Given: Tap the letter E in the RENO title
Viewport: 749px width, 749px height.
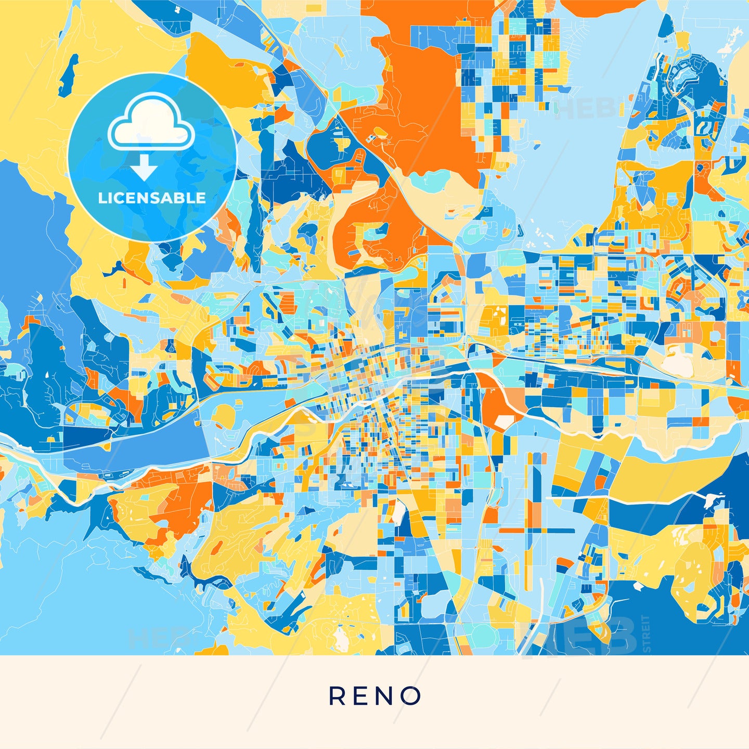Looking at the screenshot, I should pyautogui.click(x=362, y=696).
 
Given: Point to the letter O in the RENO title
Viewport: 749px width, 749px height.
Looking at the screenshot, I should pyautogui.click(x=411, y=696).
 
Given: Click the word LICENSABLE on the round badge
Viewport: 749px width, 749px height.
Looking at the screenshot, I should pyautogui.click(x=152, y=198).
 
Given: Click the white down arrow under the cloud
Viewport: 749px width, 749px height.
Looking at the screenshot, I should pyautogui.click(x=144, y=167).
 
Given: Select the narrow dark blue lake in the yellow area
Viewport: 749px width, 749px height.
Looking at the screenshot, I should pyautogui.click(x=68, y=76).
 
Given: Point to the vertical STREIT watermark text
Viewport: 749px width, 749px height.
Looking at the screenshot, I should pyautogui.click(x=646, y=633).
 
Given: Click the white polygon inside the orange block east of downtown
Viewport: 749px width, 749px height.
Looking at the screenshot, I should pyautogui.click(x=503, y=422).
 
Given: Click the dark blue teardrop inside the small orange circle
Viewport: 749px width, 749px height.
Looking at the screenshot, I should pyautogui.click(x=702, y=167).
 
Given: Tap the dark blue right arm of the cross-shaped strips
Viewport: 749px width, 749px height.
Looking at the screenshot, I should pyautogui.click(x=559, y=531).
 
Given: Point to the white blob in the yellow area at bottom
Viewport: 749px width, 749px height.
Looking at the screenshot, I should pyautogui.click(x=341, y=637).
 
